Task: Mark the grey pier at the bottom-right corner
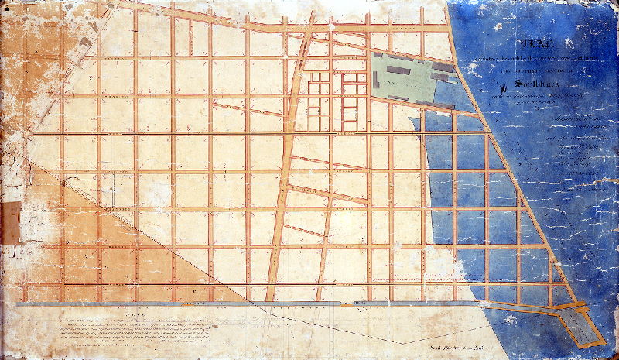point(583,324)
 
